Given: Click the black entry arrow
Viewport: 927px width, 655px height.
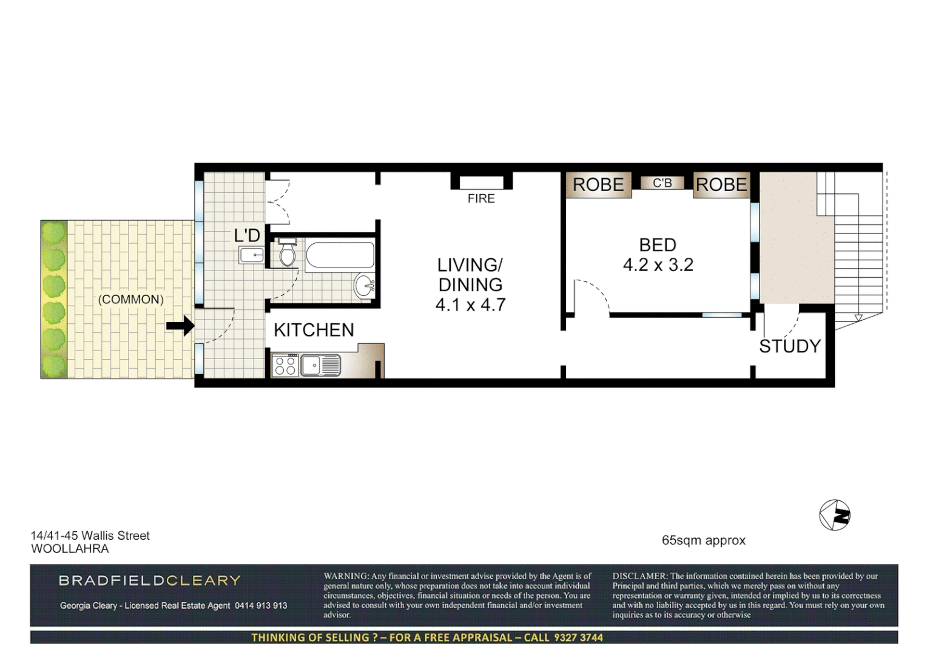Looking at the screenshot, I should [x=180, y=326].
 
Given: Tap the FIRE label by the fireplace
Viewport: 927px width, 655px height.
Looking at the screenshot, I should [x=480, y=198].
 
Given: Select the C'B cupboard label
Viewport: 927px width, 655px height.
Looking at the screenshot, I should [x=662, y=183].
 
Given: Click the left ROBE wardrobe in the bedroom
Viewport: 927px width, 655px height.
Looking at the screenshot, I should [x=598, y=184].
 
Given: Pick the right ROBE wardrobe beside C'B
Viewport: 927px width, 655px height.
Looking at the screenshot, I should [x=721, y=184].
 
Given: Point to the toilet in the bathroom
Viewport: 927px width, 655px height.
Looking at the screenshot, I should [x=287, y=252].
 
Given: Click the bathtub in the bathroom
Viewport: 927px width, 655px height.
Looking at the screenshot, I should [x=340, y=255].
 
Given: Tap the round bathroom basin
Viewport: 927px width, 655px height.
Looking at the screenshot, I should [x=365, y=285].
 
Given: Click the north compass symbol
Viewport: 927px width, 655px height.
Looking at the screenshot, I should [x=835, y=516].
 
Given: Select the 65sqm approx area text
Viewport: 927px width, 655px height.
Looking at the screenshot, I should [x=703, y=540].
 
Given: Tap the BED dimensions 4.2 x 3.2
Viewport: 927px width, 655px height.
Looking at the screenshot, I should [x=658, y=265].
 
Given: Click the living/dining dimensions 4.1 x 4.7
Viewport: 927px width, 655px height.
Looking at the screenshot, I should [x=470, y=304].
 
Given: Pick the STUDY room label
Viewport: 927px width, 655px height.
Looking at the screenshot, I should [x=789, y=346].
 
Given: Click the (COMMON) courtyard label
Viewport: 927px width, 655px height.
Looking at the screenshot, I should [x=131, y=300].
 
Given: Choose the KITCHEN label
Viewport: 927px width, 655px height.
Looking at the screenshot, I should [x=314, y=330].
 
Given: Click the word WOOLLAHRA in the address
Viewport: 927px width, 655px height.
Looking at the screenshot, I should [x=70, y=549].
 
